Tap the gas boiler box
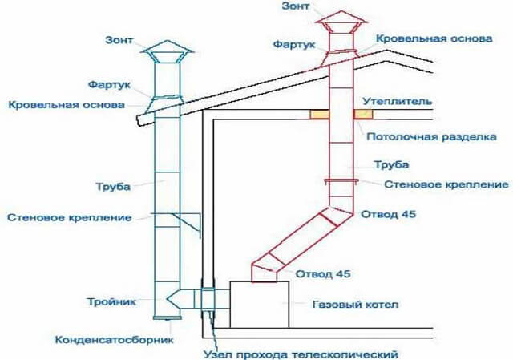click(x=258, y=304)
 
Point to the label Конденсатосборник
click(x=115, y=339)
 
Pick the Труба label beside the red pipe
click(x=392, y=165)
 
